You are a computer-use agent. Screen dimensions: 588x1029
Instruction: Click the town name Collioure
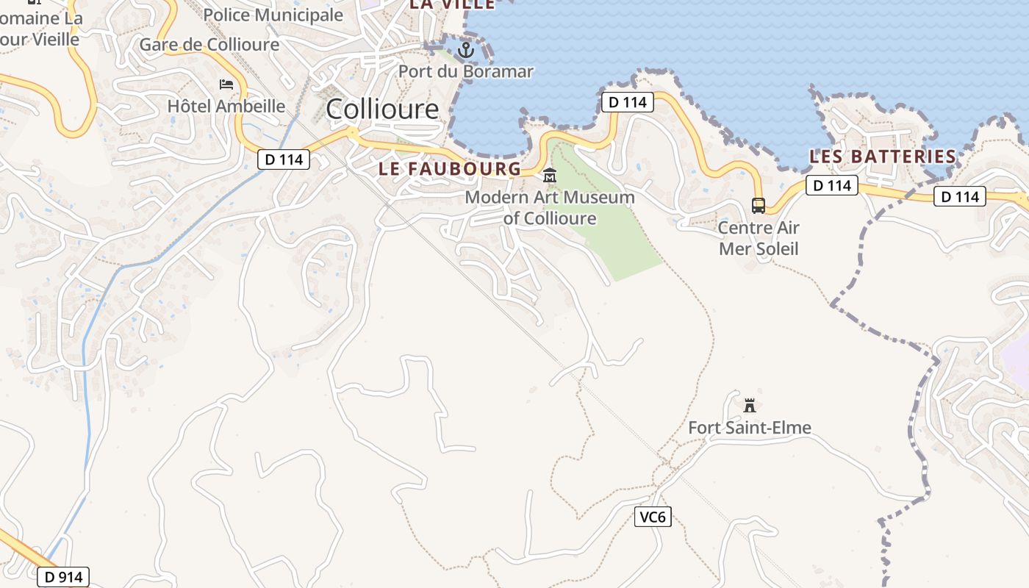382,110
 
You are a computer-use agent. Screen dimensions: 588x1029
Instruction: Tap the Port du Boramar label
465,71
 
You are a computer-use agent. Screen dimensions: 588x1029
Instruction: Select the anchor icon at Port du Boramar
465,50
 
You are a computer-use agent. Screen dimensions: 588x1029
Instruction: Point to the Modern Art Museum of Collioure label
550,207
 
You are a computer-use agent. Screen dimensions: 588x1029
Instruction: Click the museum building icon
550,176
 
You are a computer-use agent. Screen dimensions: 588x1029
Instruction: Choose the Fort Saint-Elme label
750,427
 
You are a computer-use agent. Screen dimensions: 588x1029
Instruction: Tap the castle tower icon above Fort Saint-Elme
750,405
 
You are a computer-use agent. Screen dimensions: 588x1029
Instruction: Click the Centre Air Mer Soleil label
759,237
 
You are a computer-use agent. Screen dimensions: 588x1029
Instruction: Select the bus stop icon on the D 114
759,205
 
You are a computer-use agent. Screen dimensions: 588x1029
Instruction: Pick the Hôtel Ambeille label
226,106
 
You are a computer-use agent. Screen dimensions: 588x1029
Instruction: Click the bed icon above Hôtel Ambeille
226,85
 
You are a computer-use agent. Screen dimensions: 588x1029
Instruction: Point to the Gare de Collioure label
209,44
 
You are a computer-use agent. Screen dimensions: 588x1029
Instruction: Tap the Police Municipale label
273,15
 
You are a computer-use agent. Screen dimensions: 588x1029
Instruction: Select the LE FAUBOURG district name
450,168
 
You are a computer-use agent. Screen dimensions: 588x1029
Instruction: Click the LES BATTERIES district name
883,157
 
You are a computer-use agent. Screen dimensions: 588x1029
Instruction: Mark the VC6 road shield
653,517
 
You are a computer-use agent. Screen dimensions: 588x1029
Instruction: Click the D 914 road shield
62,577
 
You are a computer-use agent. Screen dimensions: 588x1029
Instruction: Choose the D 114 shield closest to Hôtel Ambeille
284,159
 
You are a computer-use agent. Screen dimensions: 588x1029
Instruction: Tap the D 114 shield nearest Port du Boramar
628,102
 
